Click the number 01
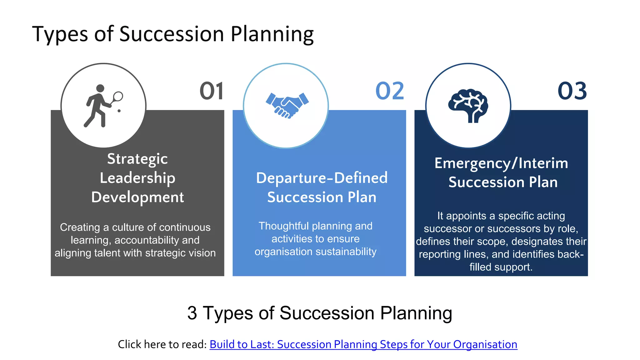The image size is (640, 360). (212, 91)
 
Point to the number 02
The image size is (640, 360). (390, 91)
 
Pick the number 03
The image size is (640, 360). (572, 91)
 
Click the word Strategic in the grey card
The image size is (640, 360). (137, 159)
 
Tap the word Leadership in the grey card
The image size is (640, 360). (137, 178)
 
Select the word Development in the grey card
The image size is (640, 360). (137, 197)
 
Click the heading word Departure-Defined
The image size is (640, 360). (322, 178)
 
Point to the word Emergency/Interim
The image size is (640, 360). (501, 163)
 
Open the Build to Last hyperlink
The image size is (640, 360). (363, 344)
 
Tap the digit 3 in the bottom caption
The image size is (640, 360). (192, 313)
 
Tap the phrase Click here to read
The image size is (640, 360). (162, 344)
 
